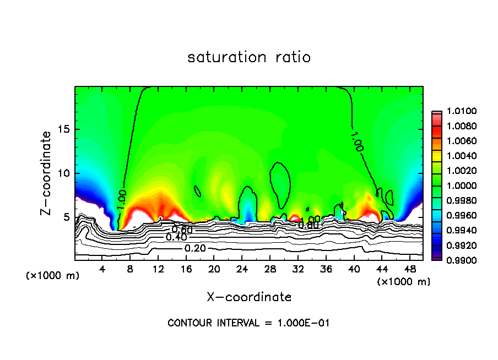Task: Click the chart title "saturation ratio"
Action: [x=249, y=57]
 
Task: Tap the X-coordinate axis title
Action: [x=249, y=297]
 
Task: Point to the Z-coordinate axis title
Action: [x=47, y=173]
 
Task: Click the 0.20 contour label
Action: [x=195, y=248]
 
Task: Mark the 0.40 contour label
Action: [x=177, y=237]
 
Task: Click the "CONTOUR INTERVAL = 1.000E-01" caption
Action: [x=248, y=323]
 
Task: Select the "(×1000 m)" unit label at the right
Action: [x=403, y=282]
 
